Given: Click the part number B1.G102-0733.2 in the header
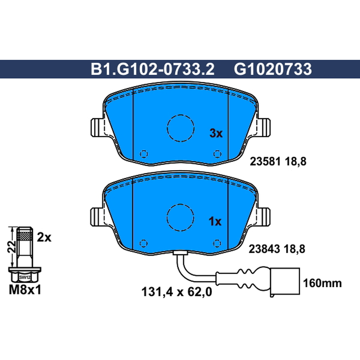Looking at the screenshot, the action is tap(153, 69).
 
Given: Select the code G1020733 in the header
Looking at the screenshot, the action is tap(273, 69).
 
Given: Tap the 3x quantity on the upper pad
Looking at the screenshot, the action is tap(216, 133).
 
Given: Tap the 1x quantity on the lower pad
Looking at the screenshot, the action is tap(215, 221).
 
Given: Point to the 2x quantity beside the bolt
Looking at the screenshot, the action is tap(44, 238).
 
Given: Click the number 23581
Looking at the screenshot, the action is tap(265, 162).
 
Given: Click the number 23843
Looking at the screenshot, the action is tap(264, 249).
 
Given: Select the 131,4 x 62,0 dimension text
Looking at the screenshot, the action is tap(176, 292).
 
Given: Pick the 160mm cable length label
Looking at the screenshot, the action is tap(322, 283).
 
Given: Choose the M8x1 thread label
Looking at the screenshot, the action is tap(25, 290).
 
